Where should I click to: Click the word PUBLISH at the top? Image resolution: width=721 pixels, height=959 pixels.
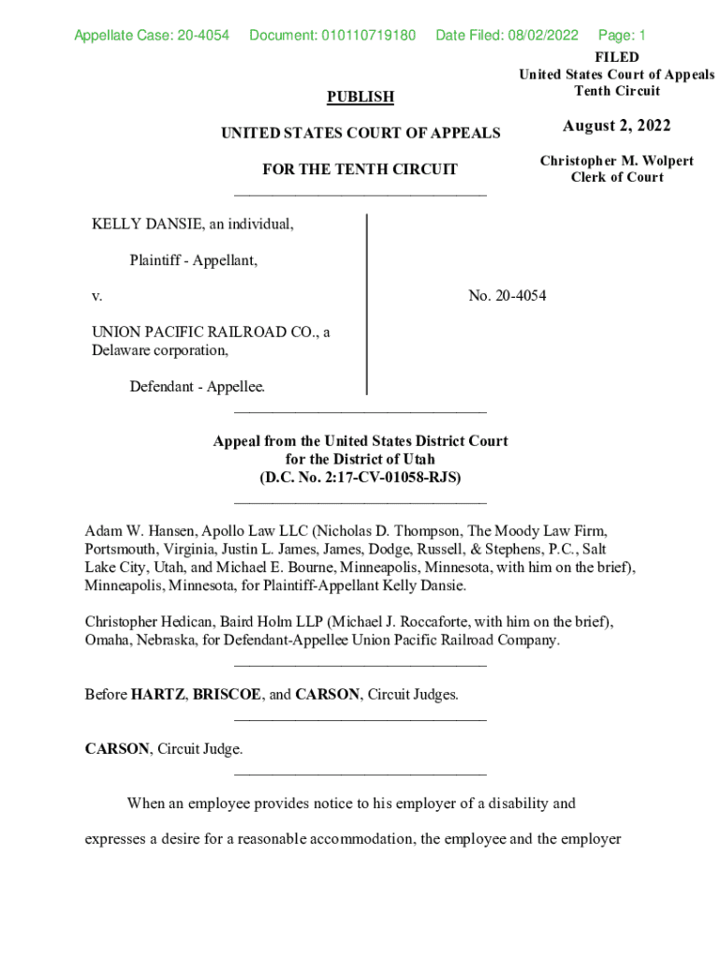click(360, 96)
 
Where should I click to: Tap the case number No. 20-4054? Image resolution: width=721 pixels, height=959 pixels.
click(507, 296)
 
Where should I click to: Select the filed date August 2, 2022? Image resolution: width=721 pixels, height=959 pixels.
click(616, 126)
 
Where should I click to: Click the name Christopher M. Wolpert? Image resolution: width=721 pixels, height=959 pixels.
click(616, 161)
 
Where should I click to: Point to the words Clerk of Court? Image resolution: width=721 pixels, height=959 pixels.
click(617, 177)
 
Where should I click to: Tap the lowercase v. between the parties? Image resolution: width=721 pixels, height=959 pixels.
click(96, 296)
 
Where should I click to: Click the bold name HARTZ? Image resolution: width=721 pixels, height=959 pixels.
click(157, 695)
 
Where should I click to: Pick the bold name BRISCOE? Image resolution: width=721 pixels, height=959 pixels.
click(225, 695)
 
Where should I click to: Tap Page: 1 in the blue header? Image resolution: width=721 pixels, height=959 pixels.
click(622, 37)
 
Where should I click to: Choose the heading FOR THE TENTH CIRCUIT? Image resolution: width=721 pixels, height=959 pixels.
click(360, 170)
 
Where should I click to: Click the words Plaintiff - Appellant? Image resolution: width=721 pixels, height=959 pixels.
click(193, 260)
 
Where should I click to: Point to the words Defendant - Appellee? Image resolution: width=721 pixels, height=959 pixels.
click(197, 386)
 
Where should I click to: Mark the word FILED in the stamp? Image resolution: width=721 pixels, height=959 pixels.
click(617, 58)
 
